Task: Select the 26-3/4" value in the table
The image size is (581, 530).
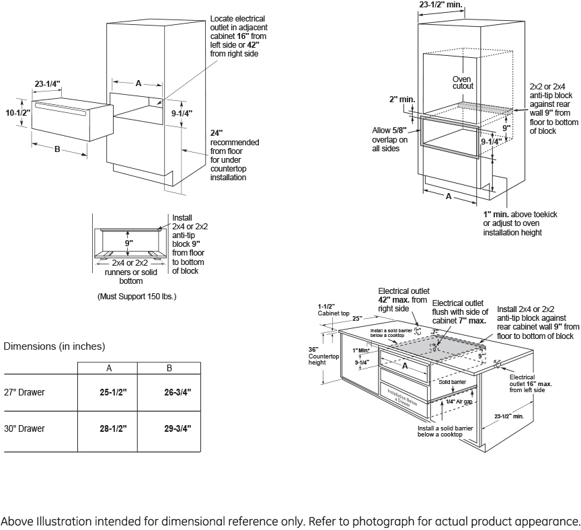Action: coord(169,392)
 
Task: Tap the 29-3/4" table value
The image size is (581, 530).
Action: coord(169,428)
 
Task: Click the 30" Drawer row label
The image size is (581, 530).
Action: coord(24,428)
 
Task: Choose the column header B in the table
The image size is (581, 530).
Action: coord(169,368)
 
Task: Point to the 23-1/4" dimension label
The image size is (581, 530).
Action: coord(48,84)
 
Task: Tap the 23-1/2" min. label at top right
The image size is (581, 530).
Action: coord(440,5)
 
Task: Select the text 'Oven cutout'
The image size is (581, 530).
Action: coord(463,82)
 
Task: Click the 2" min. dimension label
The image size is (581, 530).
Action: coord(402,99)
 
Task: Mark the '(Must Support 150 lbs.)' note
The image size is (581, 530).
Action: coord(137,296)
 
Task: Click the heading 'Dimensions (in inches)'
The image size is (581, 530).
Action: coord(54,346)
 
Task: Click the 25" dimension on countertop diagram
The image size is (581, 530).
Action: coord(356,318)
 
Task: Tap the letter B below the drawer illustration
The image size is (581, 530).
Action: coord(57,149)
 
